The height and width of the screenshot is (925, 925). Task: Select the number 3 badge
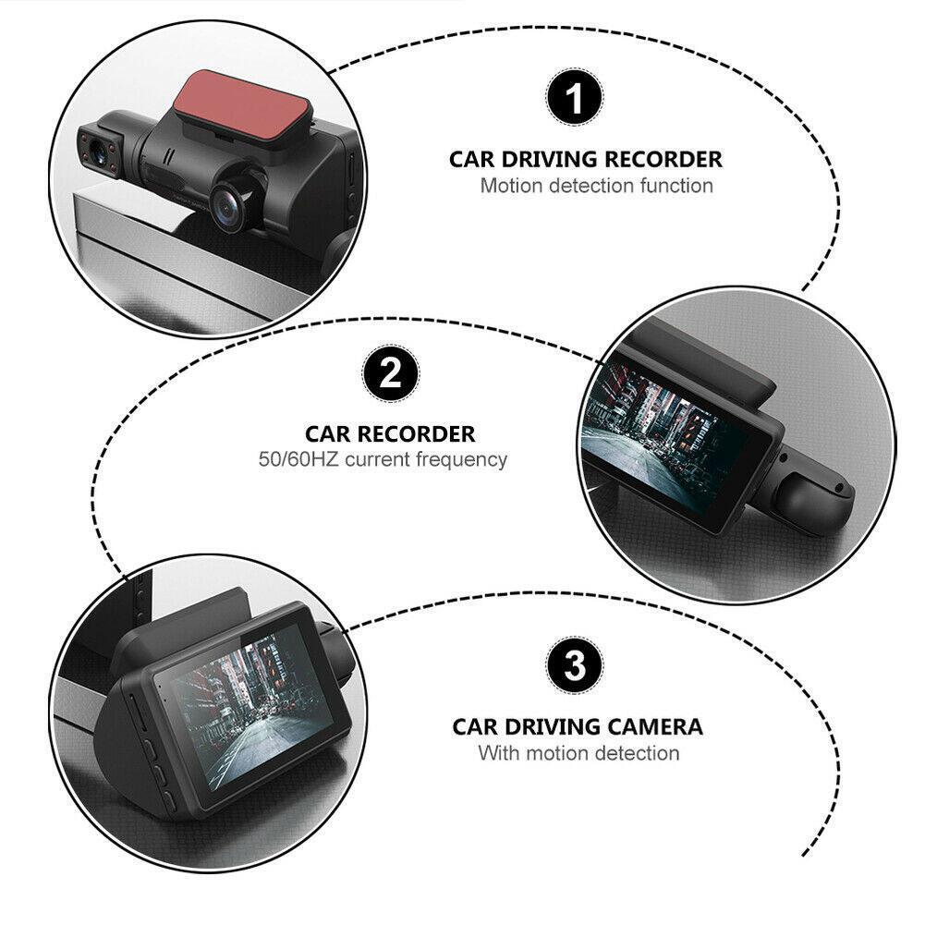pos(575,664)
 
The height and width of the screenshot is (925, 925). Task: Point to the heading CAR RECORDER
pos(390,433)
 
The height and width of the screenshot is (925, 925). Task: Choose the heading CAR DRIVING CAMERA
pos(578,726)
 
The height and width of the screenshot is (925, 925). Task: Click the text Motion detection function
pos(596,186)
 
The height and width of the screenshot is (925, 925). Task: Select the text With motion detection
pos(578,753)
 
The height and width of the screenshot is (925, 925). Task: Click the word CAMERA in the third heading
pos(658,726)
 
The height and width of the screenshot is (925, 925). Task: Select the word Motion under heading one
pos(511,186)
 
